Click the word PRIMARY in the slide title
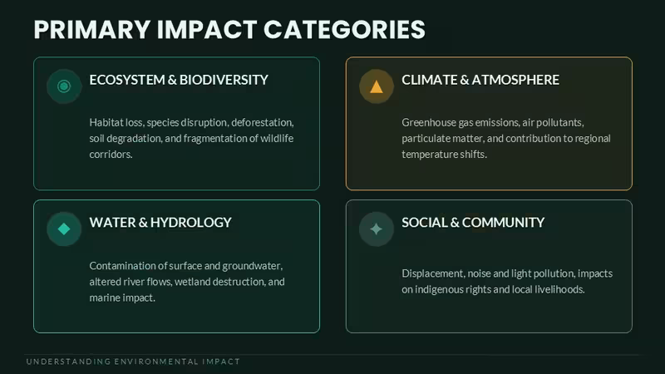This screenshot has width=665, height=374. (x=92, y=29)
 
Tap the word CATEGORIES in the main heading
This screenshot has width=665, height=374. (x=344, y=29)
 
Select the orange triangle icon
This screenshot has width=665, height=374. (x=377, y=86)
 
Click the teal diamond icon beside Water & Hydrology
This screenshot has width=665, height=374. (x=64, y=229)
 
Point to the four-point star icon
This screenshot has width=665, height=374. (x=377, y=229)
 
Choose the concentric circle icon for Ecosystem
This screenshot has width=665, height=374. (x=64, y=86)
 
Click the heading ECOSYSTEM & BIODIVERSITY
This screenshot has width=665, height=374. (x=179, y=80)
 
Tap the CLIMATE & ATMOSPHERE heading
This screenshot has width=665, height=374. (x=480, y=80)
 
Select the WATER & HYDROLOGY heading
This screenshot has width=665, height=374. (x=160, y=222)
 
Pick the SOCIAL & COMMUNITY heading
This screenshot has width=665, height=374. (x=473, y=222)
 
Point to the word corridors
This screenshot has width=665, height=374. (x=111, y=155)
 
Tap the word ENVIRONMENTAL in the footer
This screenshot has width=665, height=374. (x=156, y=362)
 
